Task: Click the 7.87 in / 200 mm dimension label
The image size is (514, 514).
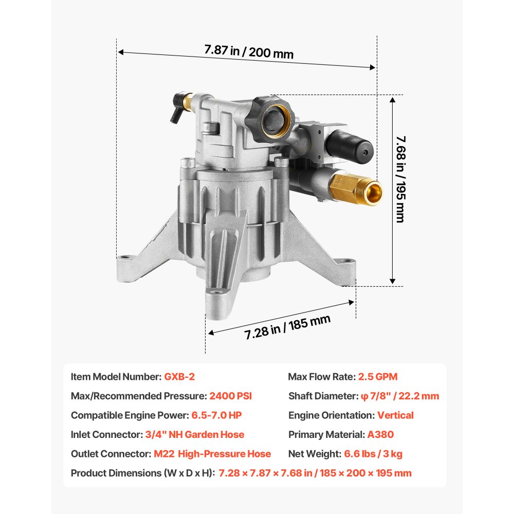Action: [249, 51]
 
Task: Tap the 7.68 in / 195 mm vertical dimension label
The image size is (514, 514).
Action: [400, 179]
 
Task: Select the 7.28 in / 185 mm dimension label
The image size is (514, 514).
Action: [287, 327]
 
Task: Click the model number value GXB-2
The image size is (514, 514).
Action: [179, 377]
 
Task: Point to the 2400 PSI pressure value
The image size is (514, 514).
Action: [230, 396]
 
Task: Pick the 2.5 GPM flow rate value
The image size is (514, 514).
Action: [378, 377]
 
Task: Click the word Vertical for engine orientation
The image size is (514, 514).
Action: [395, 415]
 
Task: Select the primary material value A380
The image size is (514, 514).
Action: [380, 435]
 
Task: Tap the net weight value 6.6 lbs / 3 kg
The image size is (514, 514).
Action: [373, 454]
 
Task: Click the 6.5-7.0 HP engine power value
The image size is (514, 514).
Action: [216, 415]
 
